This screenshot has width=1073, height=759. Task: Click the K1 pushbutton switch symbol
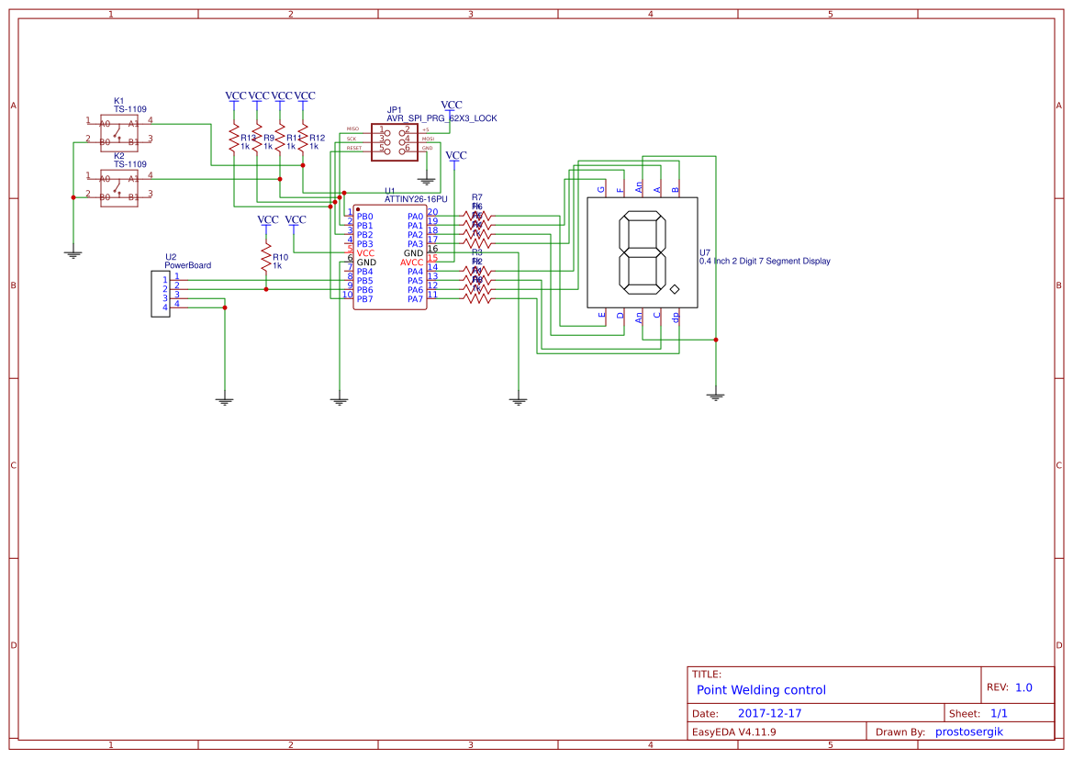pos(119,131)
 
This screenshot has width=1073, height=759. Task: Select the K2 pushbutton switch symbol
pos(119,186)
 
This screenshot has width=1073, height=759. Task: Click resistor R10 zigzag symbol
pos(266,257)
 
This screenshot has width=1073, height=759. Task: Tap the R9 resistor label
pos(269,137)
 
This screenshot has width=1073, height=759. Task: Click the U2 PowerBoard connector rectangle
pos(161,294)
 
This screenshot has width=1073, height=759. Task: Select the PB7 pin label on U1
pos(364,299)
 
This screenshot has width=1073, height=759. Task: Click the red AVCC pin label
pos(411,262)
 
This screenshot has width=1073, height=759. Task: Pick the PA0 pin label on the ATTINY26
pos(415,217)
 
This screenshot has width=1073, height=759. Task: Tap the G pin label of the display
pos(602,190)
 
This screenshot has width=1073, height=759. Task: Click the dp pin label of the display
pos(676,317)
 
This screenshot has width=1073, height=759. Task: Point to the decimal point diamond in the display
pos(675,290)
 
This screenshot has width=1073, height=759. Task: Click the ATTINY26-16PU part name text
pos(416,198)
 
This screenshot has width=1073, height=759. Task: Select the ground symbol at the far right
pos(716,396)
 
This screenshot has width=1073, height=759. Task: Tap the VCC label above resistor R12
pos(305,95)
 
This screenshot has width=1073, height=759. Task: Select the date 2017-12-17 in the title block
pos(769,713)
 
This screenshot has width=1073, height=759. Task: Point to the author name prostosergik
pos(969,731)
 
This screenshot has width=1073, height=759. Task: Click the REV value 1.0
pos(1023,687)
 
